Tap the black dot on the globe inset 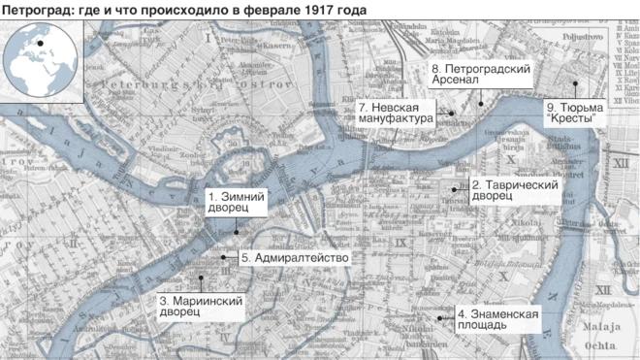(42, 43)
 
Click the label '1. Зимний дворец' (230, 201)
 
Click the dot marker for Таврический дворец (459, 187)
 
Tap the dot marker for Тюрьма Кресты (574, 82)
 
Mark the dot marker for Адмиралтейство (224, 257)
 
